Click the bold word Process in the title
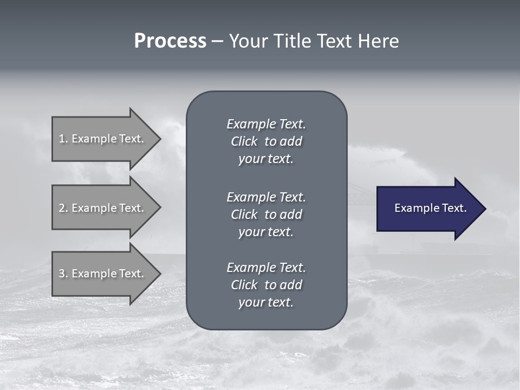[x=170, y=41]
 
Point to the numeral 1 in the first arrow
[x=62, y=139]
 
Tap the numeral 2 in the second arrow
[x=62, y=208]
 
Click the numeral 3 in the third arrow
[x=62, y=274]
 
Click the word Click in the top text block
[x=244, y=141]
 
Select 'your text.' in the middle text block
[x=266, y=232]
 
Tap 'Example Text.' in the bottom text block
[x=266, y=268]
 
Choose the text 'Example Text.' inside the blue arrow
[x=431, y=208]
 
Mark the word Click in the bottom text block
[x=244, y=285]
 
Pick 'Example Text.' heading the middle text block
[x=266, y=197]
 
